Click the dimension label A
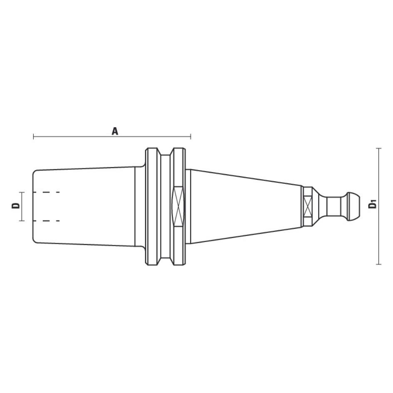[x=115, y=131]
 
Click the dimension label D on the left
[x=16, y=206]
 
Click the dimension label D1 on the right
[x=373, y=204]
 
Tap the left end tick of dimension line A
[x=34, y=136]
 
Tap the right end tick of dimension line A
[x=191, y=136]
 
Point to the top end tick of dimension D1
[x=378, y=148]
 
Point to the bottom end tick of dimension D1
[x=378, y=264]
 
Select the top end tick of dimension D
[x=22, y=192]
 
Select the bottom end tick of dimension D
[x=22, y=221]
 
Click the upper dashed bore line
[x=46, y=192]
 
